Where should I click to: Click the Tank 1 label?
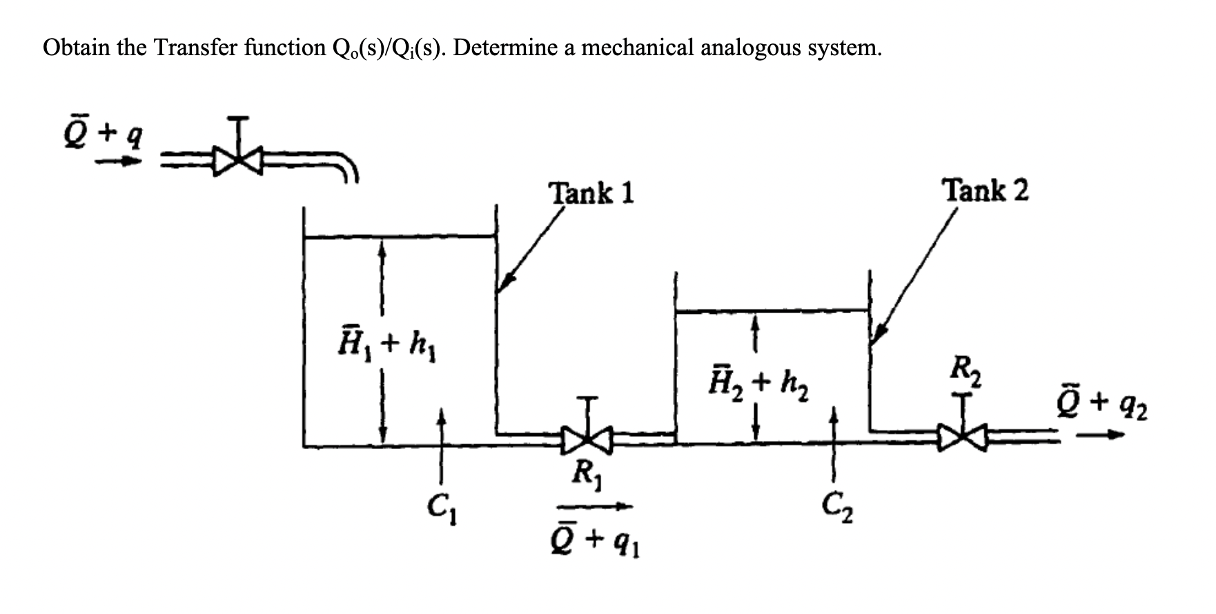591,192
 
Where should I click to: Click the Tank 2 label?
986,190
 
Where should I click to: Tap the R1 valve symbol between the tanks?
587,437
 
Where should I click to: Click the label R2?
965,373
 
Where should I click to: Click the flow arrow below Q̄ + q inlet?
117,162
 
